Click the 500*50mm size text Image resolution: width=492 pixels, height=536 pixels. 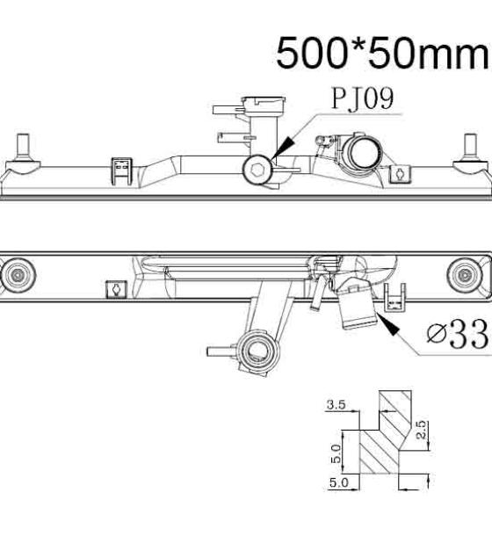coord(383,54)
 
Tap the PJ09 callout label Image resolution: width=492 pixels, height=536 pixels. coord(363,98)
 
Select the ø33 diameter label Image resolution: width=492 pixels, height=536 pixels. coord(458,334)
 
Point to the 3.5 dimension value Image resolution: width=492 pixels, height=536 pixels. coord(336,405)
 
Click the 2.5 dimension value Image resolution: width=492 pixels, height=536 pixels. coord(422,430)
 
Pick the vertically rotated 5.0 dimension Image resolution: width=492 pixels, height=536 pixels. coord(336,453)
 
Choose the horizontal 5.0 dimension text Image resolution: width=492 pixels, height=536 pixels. coord(339,482)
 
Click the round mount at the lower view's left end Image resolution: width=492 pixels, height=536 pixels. coord(18,275)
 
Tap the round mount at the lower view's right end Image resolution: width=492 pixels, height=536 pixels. coord(464,275)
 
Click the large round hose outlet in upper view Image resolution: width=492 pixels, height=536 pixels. coord(363,153)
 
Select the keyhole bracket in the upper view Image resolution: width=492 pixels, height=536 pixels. coord(401,174)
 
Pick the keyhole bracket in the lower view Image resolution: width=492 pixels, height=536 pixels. coord(117,290)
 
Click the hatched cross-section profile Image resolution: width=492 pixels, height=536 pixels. coord(386,432)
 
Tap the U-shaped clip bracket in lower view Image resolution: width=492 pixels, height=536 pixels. coord(394,298)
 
